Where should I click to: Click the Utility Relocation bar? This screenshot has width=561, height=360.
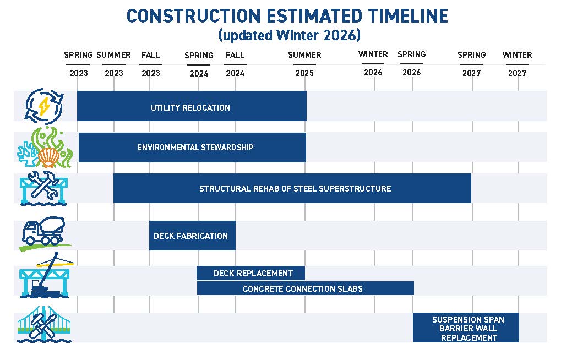[x=191, y=107]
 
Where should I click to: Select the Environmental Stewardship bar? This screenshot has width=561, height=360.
[x=192, y=148]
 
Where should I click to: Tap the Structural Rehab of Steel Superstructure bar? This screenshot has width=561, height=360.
[x=292, y=188]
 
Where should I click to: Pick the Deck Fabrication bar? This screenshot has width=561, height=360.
[x=192, y=236]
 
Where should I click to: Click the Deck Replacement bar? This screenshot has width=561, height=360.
[x=251, y=273]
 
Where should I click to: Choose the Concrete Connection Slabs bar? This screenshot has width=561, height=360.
[x=305, y=288]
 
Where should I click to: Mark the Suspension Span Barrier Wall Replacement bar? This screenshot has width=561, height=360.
[x=466, y=328]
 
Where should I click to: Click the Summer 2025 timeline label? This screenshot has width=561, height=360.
[x=304, y=64]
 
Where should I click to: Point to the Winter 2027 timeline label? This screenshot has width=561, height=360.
[x=517, y=64]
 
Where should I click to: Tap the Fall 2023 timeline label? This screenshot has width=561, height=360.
[x=150, y=64]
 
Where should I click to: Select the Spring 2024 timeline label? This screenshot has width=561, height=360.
[x=199, y=64]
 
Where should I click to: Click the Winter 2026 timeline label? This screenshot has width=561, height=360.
[x=373, y=63]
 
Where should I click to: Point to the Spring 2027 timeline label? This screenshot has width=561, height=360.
[x=472, y=64]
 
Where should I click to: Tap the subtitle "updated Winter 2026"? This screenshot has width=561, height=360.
[x=289, y=35]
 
